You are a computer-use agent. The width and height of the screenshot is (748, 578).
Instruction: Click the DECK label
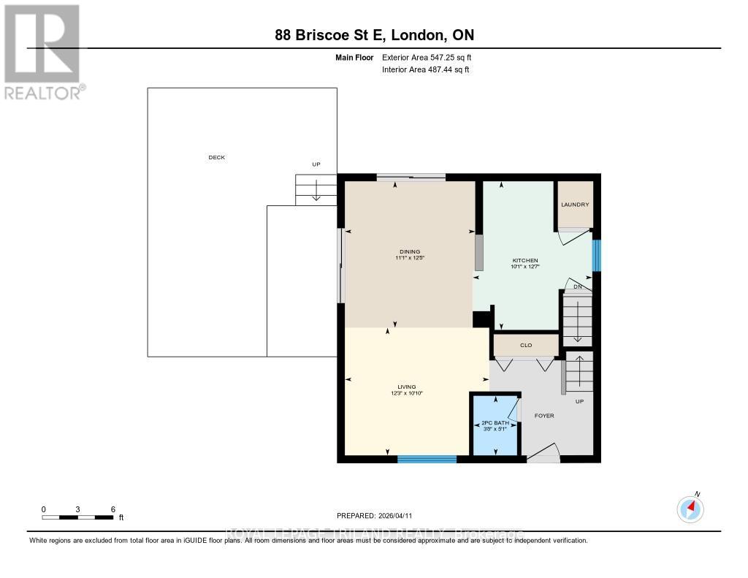coord(216,158)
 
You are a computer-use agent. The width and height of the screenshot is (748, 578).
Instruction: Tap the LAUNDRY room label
coord(575,205)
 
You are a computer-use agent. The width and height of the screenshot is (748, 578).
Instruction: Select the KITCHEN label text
coord(525,261)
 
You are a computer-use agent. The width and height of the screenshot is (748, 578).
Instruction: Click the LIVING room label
coord(406,387)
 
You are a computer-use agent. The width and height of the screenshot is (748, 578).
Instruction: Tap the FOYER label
coord(544,416)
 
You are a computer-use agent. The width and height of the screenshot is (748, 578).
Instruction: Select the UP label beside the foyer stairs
coord(580,401)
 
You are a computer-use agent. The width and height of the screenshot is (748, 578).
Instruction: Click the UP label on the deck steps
coord(316,164)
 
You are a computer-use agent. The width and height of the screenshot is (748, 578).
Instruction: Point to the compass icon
coord(690,508)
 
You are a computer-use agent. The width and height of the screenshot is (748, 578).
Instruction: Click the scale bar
coord(77,517)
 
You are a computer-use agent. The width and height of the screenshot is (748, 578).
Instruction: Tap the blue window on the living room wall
coord(427,459)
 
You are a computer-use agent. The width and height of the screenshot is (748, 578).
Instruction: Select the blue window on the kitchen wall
coord(596,256)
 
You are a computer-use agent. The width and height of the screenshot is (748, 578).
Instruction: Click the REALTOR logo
coord(43,52)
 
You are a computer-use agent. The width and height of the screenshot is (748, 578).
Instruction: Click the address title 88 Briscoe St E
coord(373,34)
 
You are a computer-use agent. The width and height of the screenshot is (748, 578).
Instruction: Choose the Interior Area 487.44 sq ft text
coord(425,69)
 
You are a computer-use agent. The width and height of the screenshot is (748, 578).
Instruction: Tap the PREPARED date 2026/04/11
coord(379,515)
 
